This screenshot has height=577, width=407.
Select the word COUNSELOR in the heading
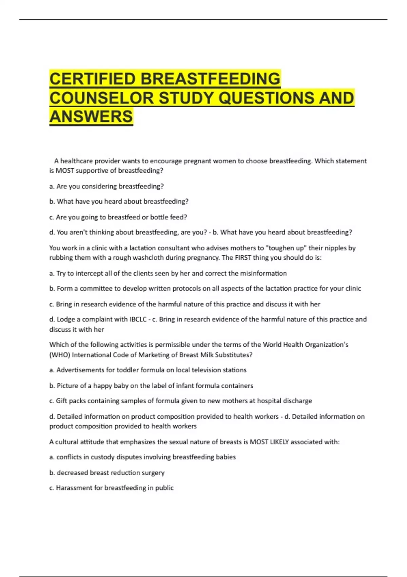102,98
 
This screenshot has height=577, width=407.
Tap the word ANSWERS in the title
91,116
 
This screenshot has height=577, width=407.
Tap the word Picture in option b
67,386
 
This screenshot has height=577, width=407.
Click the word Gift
61,401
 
